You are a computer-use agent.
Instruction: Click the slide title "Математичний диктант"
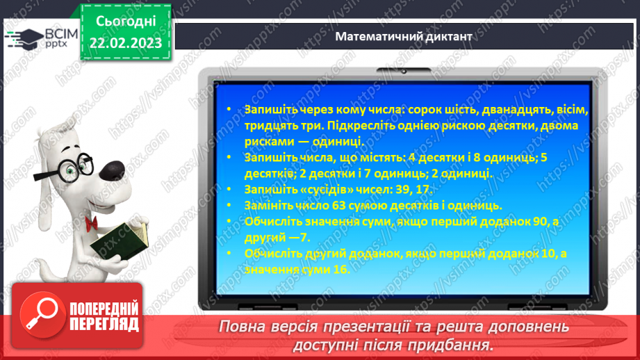tap(404, 35)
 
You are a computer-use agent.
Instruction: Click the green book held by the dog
tap(120, 243)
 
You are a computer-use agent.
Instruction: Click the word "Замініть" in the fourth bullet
tap(271, 204)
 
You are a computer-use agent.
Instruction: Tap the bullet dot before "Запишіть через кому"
tap(229, 111)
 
